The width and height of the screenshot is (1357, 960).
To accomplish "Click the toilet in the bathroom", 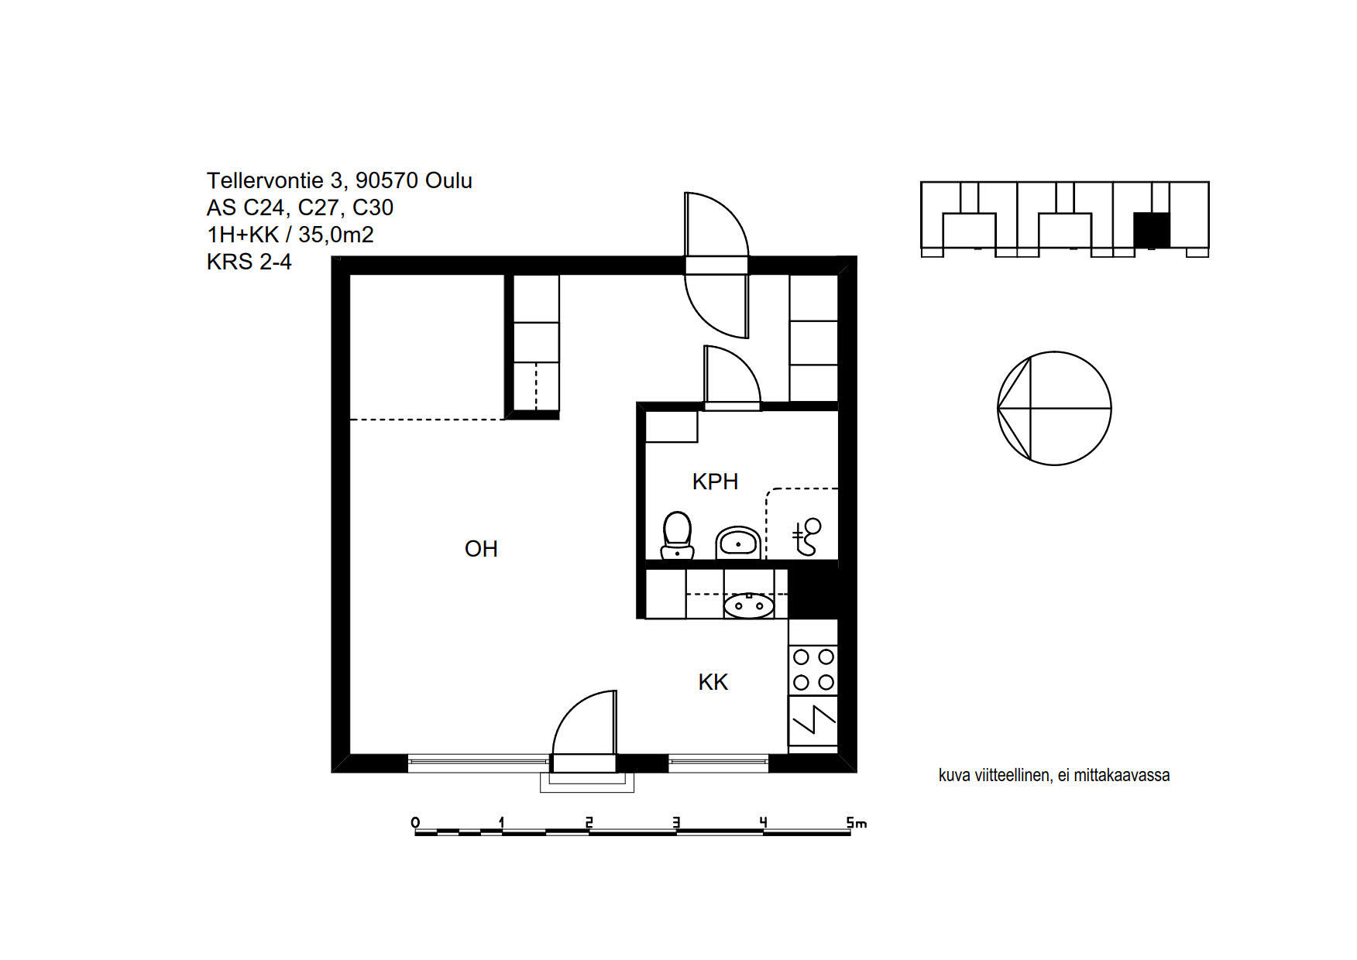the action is pyautogui.click(x=677, y=535).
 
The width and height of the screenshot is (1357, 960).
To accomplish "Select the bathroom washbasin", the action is pyautogui.click(x=737, y=542).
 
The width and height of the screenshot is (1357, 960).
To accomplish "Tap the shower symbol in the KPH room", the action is pyautogui.click(x=806, y=537).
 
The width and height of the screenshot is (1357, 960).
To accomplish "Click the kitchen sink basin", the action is pyautogui.click(x=748, y=605).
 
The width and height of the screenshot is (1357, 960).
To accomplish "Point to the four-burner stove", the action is pyautogui.click(x=813, y=670).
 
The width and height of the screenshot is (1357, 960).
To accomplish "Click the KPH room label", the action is pyautogui.click(x=715, y=482).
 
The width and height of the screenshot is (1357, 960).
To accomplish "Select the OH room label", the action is pyautogui.click(x=481, y=549).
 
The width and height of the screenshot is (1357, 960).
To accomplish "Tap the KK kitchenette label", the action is pyautogui.click(x=713, y=682).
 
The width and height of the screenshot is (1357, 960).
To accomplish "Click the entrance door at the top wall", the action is pyautogui.click(x=716, y=266).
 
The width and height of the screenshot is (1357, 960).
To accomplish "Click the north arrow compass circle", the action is pyautogui.click(x=1054, y=408).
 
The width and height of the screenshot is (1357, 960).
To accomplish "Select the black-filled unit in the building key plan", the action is pyautogui.click(x=1151, y=230).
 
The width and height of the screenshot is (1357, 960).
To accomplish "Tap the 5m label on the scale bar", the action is pyautogui.click(x=856, y=822).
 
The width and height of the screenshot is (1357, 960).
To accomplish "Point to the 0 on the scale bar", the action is pyautogui.click(x=416, y=822).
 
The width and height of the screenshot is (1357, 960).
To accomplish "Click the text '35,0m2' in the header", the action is pyautogui.click(x=336, y=235).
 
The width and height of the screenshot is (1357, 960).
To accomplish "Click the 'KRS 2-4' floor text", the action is pyautogui.click(x=249, y=262).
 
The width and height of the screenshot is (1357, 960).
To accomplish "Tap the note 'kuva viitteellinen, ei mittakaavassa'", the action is pyautogui.click(x=1054, y=775).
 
